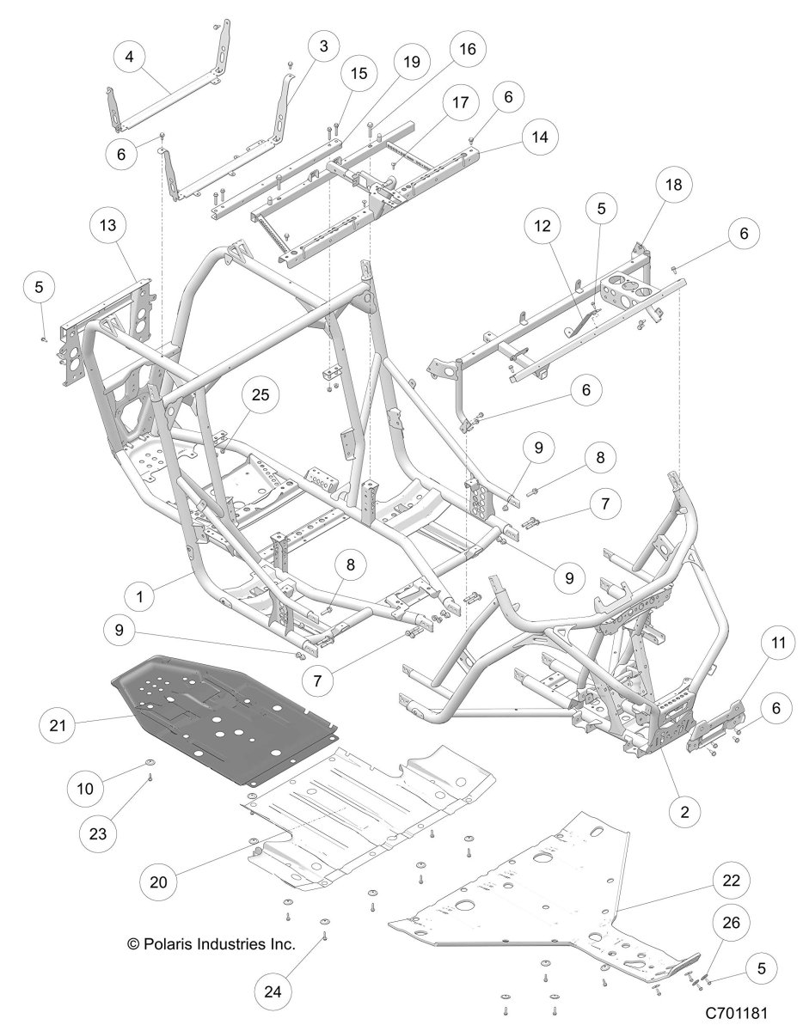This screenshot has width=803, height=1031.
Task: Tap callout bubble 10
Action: coord(116,760)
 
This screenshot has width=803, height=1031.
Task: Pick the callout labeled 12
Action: coord(546,226)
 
